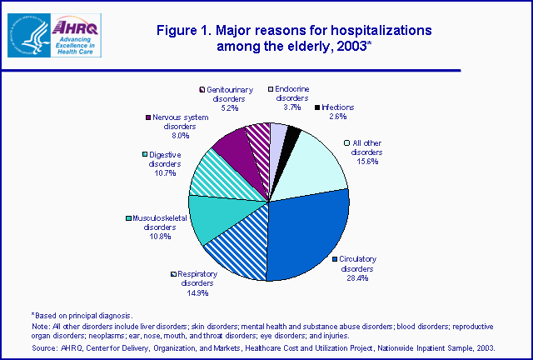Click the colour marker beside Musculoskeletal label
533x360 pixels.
[x=128, y=218]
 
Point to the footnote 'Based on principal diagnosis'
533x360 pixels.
[x=80, y=314]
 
